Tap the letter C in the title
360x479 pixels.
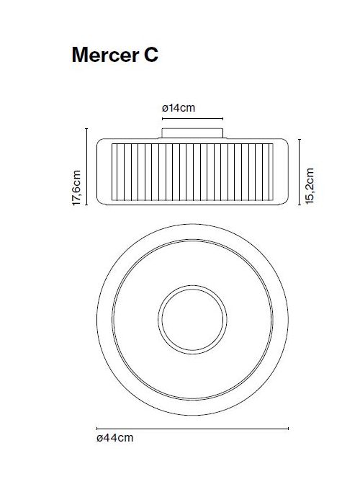coord(148,55)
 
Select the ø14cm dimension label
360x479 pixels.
coord(179,108)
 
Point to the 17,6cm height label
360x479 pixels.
coord(77,189)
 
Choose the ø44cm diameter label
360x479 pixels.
coord(114,437)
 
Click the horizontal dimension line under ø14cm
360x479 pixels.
coord(192,118)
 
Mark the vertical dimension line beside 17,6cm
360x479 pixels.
coord(88,166)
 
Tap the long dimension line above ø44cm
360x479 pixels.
coord(192,427)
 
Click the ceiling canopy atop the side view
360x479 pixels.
coord(192,133)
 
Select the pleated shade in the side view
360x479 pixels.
coord(192,171)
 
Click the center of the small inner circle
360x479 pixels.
coord(192,318)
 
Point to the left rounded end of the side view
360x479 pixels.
coord(102,171)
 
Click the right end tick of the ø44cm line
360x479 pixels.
coord(289,427)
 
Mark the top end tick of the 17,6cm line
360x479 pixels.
coord(88,128)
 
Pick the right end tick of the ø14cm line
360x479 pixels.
coord(224,118)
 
